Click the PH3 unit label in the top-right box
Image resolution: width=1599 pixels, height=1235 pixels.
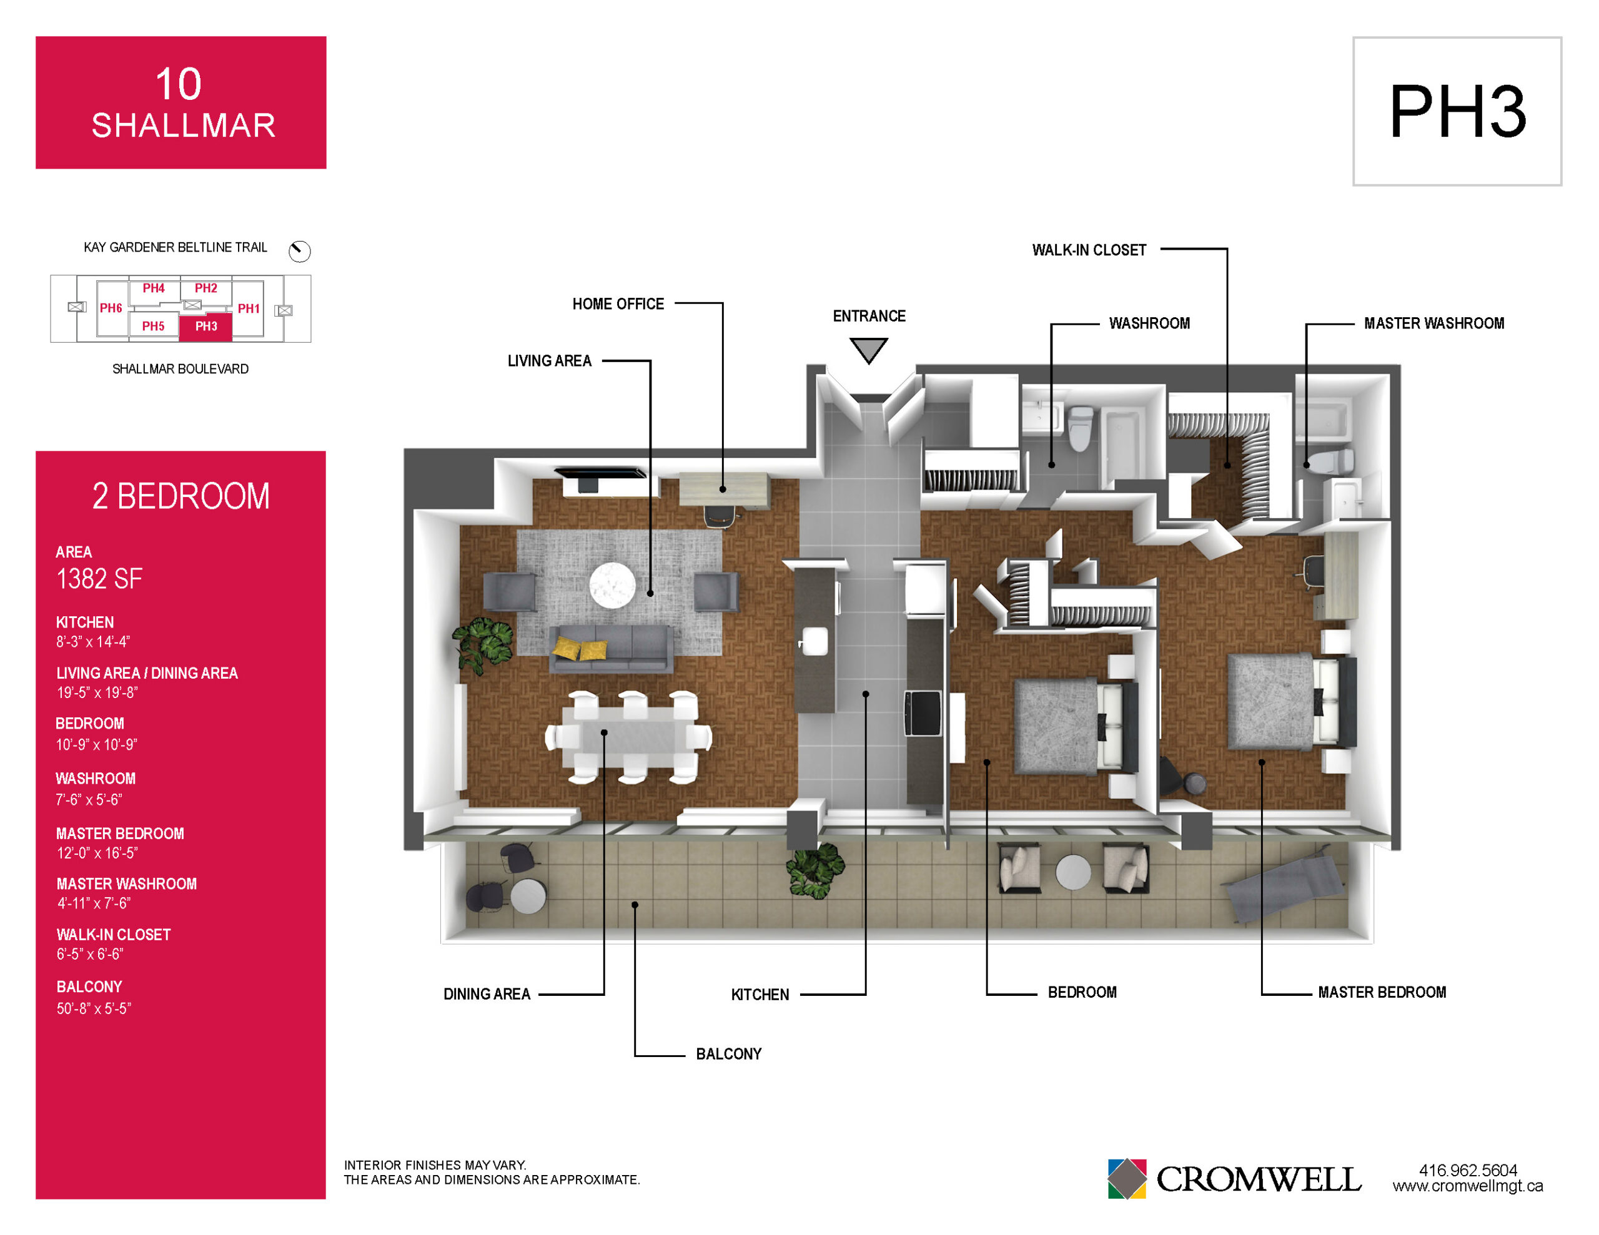click(1457, 111)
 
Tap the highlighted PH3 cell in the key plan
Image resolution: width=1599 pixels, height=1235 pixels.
click(205, 327)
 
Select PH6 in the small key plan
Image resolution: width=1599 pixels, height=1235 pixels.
click(111, 308)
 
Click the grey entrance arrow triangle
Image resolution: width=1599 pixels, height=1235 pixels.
click(868, 350)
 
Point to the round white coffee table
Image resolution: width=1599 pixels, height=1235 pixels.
click(612, 585)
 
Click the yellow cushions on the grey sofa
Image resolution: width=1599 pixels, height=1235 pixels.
click(580, 648)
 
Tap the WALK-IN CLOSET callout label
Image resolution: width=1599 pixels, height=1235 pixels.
click(1089, 250)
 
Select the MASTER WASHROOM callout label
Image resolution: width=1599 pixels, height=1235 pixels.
click(1433, 323)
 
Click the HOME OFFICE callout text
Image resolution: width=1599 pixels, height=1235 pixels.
click(618, 304)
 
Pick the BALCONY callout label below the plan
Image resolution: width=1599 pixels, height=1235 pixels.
click(728, 1054)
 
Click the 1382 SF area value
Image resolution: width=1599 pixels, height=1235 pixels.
click(99, 579)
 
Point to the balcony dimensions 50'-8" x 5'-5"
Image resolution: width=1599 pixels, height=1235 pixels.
click(94, 1008)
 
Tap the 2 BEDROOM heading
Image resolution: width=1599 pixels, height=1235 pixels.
click(181, 496)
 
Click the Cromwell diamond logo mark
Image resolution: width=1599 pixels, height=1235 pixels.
click(1127, 1178)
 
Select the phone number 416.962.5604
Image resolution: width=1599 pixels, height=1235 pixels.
click(1468, 1170)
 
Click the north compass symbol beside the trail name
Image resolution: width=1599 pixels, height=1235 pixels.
click(299, 251)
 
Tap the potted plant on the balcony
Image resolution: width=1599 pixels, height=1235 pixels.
click(816, 870)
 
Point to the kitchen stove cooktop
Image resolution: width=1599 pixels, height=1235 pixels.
click(923, 713)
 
